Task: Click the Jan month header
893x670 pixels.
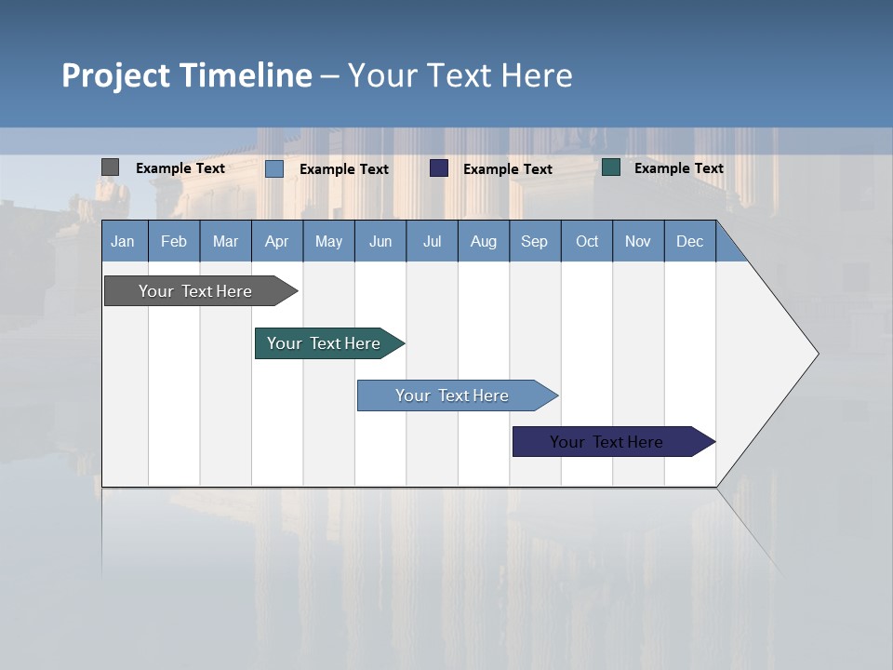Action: point(124,241)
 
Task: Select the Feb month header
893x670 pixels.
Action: point(174,241)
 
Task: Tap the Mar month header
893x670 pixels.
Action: point(225,241)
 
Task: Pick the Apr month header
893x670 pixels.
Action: point(277,241)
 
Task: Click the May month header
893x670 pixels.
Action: point(328,241)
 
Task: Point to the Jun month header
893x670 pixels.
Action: point(380,241)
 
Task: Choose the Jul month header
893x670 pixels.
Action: point(432,241)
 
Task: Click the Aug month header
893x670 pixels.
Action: point(484,241)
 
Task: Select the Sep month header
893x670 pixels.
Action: point(535,241)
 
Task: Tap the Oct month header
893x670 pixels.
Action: point(587,241)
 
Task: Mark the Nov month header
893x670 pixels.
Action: point(638,241)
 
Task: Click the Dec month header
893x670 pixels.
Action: point(690,241)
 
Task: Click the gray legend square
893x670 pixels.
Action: point(110,167)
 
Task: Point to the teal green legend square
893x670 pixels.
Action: point(611,167)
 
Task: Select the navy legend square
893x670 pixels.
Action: point(439,168)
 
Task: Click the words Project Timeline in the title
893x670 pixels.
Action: point(187,75)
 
